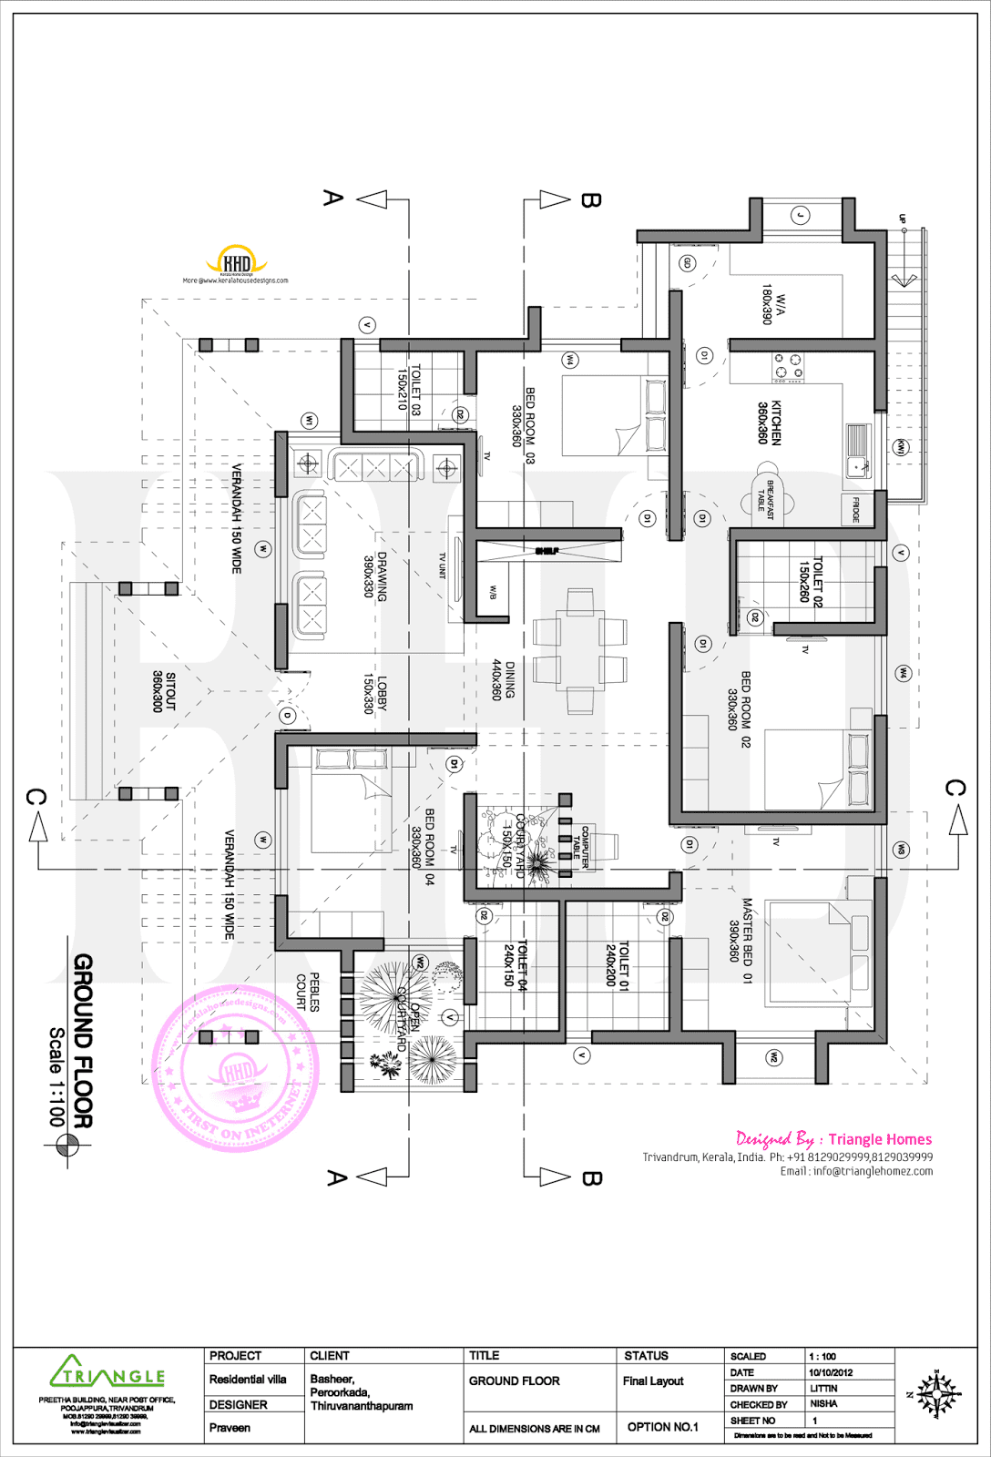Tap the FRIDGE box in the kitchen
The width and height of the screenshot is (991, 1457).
pos(855,509)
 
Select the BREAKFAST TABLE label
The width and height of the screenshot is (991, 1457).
pos(766,500)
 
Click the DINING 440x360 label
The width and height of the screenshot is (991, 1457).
pos(504,680)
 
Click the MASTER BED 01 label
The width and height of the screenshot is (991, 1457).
pos(741,941)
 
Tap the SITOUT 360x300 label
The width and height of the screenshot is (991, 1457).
pos(164,692)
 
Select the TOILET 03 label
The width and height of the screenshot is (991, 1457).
pos(409,390)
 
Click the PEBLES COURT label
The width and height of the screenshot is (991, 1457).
pos(308,992)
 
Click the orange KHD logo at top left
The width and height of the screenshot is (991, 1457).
pos(236,261)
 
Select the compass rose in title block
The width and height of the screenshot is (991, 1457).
pos(936,1394)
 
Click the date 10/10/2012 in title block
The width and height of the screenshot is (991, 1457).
pos(830,1372)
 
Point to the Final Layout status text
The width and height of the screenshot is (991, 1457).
pos(652,1381)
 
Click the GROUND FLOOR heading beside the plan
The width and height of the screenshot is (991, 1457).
pos(83,1041)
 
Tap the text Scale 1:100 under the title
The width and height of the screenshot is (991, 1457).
pos(57,1077)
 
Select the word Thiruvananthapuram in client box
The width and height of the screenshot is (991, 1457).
pos(362,1406)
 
